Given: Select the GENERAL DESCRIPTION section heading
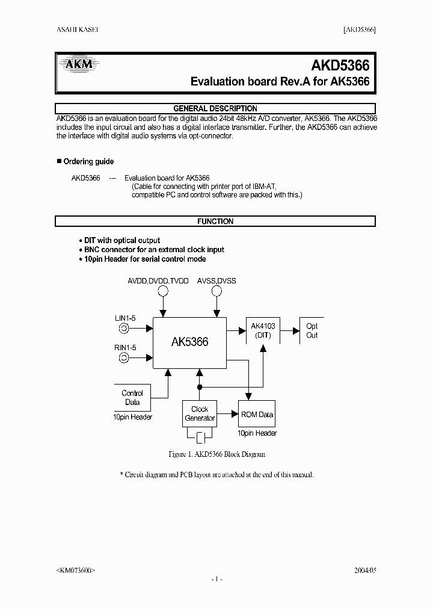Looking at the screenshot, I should click(215, 108).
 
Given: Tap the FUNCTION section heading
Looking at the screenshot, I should click(215, 221).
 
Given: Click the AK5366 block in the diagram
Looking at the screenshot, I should click(189, 342).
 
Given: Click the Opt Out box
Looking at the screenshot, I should click(312, 331).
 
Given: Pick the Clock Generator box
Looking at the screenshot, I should click(200, 413).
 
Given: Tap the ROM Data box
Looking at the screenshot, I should click(257, 414).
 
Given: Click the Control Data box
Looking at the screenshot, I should click(132, 398).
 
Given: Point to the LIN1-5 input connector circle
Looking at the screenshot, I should click(123, 329).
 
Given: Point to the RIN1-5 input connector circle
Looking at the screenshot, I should click(123, 358).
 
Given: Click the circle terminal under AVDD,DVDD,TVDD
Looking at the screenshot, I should click(162, 291).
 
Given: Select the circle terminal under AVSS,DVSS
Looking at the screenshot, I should click(216, 291).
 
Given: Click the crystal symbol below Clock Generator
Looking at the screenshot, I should click(200, 436).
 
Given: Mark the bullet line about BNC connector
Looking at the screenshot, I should click(151, 250).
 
